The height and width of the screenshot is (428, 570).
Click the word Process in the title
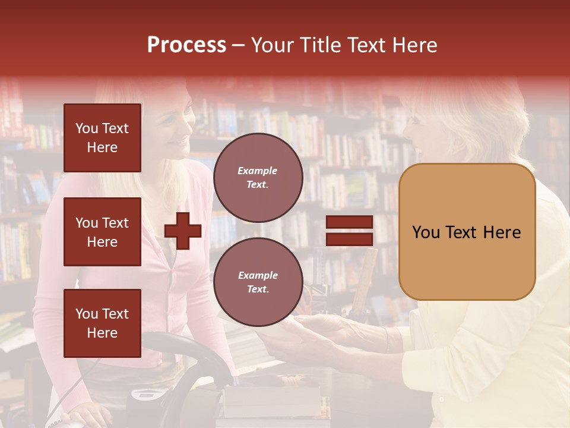(x=186, y=45)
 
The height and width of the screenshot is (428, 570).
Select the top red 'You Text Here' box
(x=102, y=138)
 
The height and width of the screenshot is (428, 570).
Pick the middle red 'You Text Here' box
(x=102, y=232)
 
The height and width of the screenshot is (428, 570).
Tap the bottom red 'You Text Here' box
(x=102, y=323)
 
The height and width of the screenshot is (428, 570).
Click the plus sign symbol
(x=183, y=231)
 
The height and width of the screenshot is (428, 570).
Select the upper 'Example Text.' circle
(x=258, y=177)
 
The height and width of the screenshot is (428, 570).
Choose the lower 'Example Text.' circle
(x=258, y=282)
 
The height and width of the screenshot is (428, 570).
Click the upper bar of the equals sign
(x=349, y=222)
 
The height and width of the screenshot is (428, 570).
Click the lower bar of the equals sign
(x=349, y=239)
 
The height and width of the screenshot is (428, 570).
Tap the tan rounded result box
(x=467, y=232)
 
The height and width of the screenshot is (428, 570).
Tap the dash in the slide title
(x=238, y=45)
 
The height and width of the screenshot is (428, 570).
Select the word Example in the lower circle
(x=258, y=275)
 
